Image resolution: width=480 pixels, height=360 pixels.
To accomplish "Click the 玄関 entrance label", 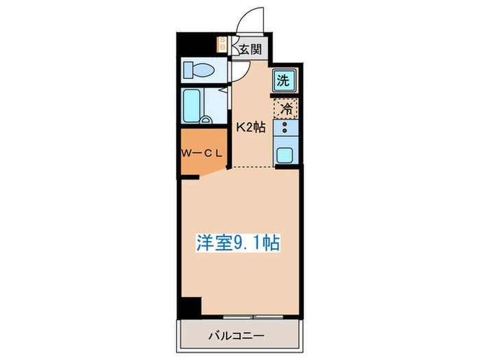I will point(251,49).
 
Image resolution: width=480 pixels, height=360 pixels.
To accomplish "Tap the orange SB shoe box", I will point(221,45).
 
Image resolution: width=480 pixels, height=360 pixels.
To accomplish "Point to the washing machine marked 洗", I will point(283,81).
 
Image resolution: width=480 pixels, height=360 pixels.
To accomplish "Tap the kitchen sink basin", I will point(286,154).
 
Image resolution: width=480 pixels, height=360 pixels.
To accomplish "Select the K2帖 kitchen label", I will point(251,127).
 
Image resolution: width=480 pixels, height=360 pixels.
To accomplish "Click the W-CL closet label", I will point(201,153).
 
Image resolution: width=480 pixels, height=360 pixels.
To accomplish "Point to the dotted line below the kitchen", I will point(265,167).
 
